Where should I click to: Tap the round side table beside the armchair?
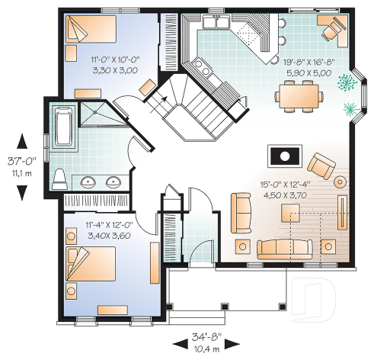click(x=340, y=181)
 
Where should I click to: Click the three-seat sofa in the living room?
click(x=284, y=249)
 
